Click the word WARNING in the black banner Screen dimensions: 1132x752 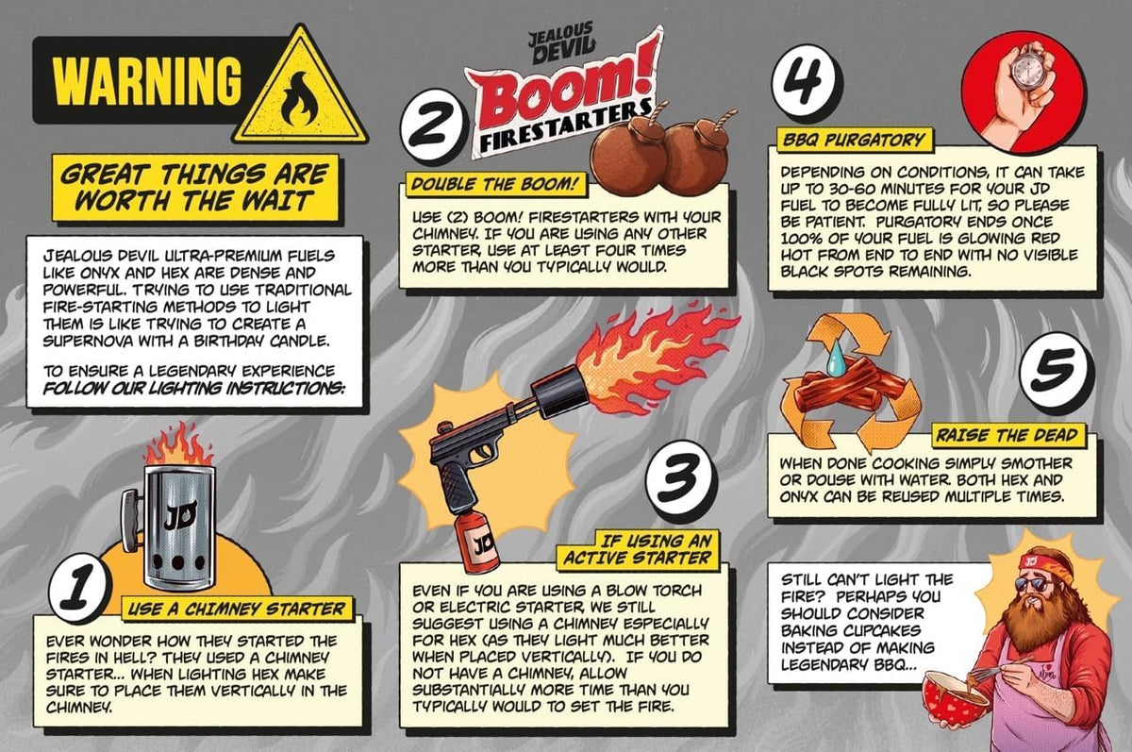tap(147, 81)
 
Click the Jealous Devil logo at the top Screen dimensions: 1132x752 tap(561, 43)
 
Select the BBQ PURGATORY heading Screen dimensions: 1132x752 tap(854, 140)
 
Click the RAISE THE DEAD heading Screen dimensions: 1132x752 tap(1007, 435)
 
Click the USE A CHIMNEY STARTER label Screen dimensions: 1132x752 tap(237, 609)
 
